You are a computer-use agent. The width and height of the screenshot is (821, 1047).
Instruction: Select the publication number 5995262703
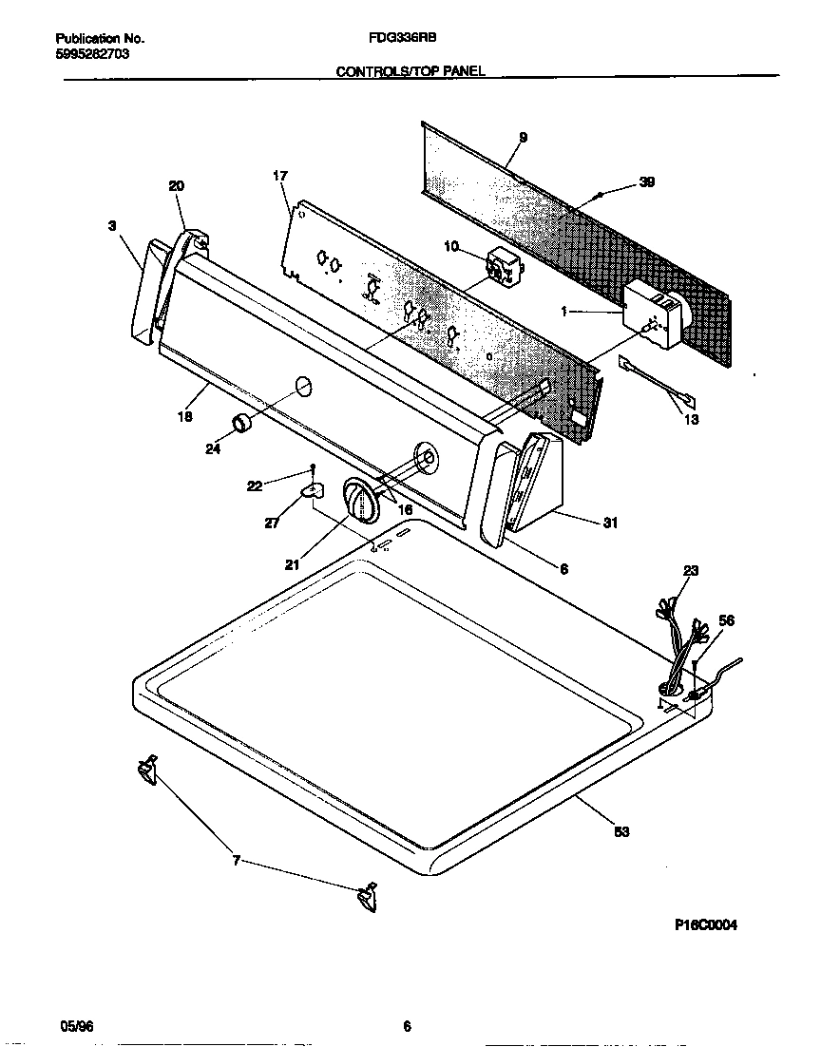pos(92,54)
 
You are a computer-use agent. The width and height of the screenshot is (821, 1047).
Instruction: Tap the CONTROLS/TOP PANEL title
pos(410,71)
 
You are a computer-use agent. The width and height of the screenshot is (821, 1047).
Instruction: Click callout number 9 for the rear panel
pos(523,138)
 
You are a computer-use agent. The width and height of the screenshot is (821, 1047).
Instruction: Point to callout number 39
pos(646,182)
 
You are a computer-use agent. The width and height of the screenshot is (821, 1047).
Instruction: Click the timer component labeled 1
pos(654,314)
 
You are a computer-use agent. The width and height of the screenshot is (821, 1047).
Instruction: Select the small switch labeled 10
pos(501,266)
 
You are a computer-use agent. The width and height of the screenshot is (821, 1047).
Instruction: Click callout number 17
pos(279,176)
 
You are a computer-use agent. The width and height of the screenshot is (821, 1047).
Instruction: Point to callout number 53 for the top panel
pos(621,832)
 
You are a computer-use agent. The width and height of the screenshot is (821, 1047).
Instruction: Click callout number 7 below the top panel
pos(236,862)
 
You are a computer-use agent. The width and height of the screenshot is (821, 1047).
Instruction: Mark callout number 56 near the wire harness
pos(726,620)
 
